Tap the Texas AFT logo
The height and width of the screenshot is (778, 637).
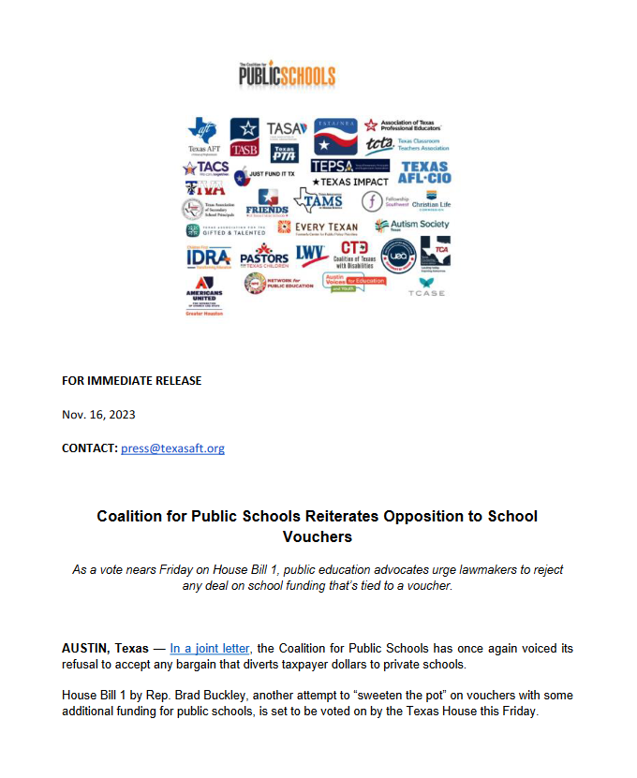pos(202,135)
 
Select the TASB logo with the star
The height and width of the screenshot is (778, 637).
pos(244,136)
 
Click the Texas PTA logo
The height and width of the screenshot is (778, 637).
pos(284,153)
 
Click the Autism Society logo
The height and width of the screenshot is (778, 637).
pos(411,225)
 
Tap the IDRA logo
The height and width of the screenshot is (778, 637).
pos(207,256)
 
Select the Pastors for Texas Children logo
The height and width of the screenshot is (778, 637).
pos(264,255)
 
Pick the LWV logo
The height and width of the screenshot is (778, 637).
pos(310,252)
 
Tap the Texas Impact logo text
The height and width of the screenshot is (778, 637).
pos(349,181)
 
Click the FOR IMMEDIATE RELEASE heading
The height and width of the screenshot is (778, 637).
pos(131,380)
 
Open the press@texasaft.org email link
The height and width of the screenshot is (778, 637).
pos(172,448)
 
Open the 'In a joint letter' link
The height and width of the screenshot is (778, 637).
pos(211,648)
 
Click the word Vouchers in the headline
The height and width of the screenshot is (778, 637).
pos(318,536)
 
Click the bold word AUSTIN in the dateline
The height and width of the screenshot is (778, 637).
pos(86,648)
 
